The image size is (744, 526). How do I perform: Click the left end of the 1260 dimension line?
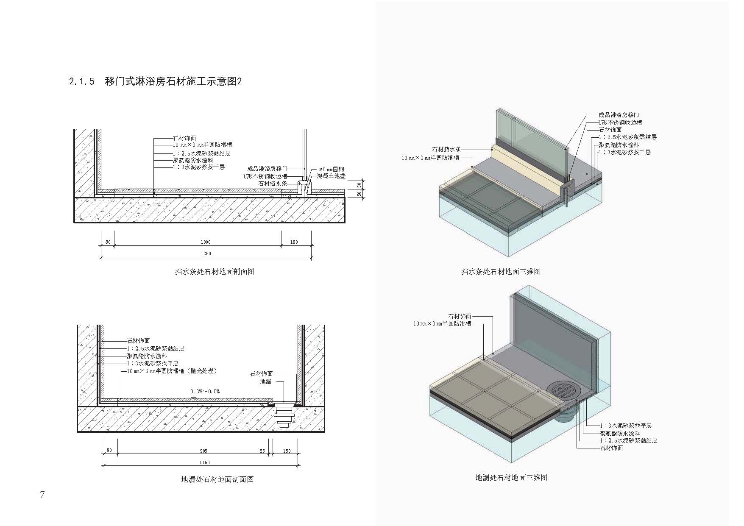(101, 257)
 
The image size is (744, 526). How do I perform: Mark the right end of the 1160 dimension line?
(299, 466)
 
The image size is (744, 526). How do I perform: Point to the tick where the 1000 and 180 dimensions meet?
(281, 245)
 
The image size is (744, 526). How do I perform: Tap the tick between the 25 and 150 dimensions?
(272, 454)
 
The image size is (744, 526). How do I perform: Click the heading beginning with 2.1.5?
(156, 81)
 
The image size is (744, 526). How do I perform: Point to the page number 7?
(42, 495)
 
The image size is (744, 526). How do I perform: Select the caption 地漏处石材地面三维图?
(511, 478)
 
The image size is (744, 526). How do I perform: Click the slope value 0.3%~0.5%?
(205, 391)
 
